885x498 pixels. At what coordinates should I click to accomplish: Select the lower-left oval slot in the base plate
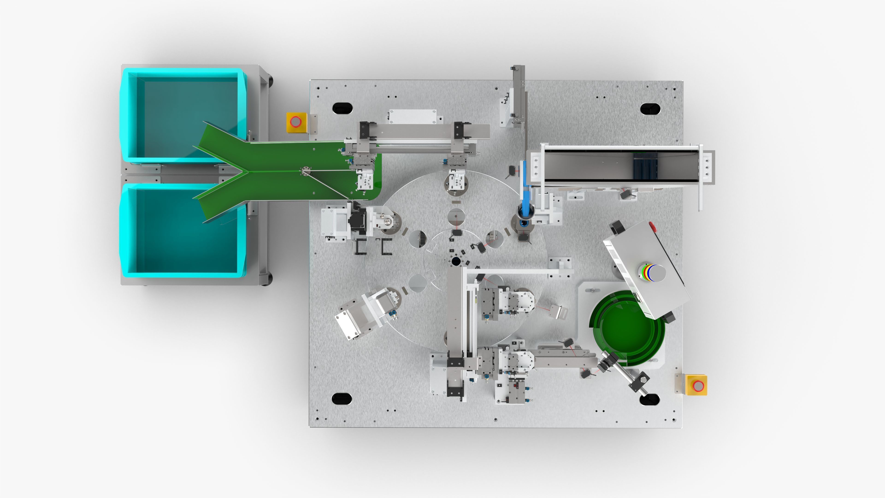tap(342, 399)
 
